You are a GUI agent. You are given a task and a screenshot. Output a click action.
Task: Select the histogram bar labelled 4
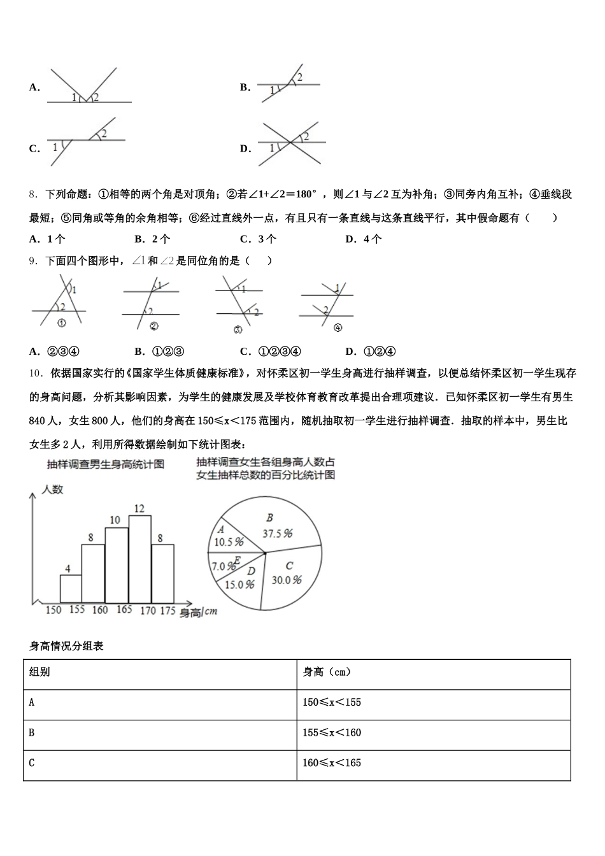point(71,589)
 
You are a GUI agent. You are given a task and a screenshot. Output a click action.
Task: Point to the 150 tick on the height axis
point(53,610)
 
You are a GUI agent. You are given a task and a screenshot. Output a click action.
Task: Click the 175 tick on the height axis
point(167,610)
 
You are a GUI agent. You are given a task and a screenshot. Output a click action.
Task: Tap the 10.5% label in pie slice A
point(229,542)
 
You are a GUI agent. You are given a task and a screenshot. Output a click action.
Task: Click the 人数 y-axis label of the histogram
point(52,490)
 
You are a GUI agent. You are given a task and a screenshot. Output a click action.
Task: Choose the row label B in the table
point(32,733)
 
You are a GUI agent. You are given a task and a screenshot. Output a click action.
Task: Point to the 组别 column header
point(39,673)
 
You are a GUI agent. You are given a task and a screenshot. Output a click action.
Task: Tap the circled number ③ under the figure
point(238,329)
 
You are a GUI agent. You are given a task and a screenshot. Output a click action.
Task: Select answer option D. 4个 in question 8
point(364,239)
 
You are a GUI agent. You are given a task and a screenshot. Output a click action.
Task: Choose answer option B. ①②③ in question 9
point(159,352)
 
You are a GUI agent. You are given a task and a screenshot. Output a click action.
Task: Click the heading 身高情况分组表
point(66,646)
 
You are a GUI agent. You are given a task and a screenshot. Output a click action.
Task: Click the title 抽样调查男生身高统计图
point(105,464)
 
